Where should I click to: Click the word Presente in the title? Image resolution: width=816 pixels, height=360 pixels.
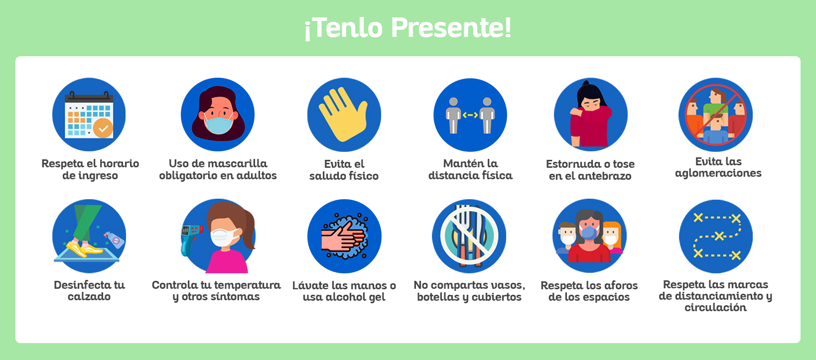tap(451, 28)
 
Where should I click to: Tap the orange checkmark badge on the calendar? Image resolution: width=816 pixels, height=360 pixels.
tap(103, 128)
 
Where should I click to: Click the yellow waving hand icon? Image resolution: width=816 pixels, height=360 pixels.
tap(343, 115)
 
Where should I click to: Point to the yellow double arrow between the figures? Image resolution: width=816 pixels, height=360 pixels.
tap(470, 115)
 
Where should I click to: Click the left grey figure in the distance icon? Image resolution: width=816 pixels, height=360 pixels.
tap(453, 116)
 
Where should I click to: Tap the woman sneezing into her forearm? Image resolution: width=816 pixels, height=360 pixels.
tap(591, 116)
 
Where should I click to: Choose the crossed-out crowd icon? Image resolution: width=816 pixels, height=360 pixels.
tap(715, 115)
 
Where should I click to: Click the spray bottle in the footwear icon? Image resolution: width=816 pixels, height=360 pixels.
tap(115, 240)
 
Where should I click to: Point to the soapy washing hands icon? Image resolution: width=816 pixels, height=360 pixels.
tap(344, 236)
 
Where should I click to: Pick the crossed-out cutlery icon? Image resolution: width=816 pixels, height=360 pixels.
tap(469, 236)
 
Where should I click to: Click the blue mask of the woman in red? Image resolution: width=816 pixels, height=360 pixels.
tap(589, 233)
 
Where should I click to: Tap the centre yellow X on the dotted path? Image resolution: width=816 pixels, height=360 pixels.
tap(719, 236)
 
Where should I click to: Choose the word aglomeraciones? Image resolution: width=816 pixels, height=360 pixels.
tap(718, 173)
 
